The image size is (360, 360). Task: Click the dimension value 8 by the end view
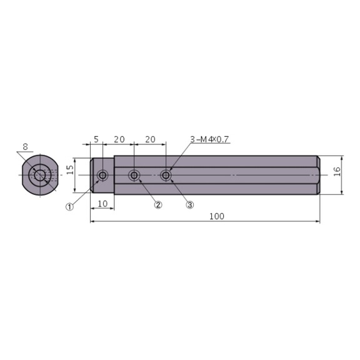(25, 147)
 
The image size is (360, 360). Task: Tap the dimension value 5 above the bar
(96, 139)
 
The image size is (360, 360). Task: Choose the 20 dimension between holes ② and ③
(150, 139)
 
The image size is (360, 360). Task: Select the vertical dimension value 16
(337, 171)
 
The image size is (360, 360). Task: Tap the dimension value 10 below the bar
(102, 204)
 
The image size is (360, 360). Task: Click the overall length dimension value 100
(216, 216)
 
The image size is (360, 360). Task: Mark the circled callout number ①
(70, 206)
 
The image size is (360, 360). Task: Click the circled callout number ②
(158, 205)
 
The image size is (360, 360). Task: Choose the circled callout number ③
(190, 205)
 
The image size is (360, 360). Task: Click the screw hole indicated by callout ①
(102, 176)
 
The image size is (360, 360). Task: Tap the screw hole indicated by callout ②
(134, 176)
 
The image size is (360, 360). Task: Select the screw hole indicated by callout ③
(166, 176)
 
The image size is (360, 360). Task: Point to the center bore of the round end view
(40, 176)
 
